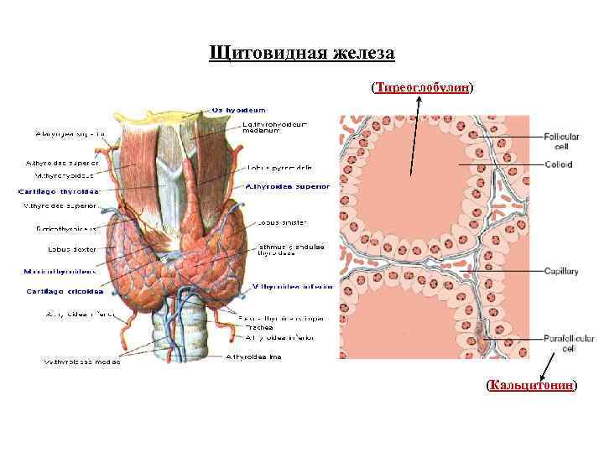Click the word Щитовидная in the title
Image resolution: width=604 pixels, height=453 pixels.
click(x=259, y=54)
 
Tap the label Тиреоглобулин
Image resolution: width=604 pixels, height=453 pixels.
click(x=422, y=87)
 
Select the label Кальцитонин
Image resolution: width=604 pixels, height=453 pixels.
click(x=532, y=385)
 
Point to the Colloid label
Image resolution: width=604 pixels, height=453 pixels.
click(x=558, y=165)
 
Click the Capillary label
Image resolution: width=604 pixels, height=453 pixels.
click(x=561, y=272)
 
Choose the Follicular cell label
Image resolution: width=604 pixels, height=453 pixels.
click(x=562, y=142)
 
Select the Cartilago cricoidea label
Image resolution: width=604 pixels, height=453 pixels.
click(x=65, y=291)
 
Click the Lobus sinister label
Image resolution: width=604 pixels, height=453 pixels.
click(x=283, y=223)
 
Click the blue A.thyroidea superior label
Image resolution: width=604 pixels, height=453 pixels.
click(x=286, y=186)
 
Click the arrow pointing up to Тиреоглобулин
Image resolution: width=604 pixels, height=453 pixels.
click(x=415, y=134)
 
